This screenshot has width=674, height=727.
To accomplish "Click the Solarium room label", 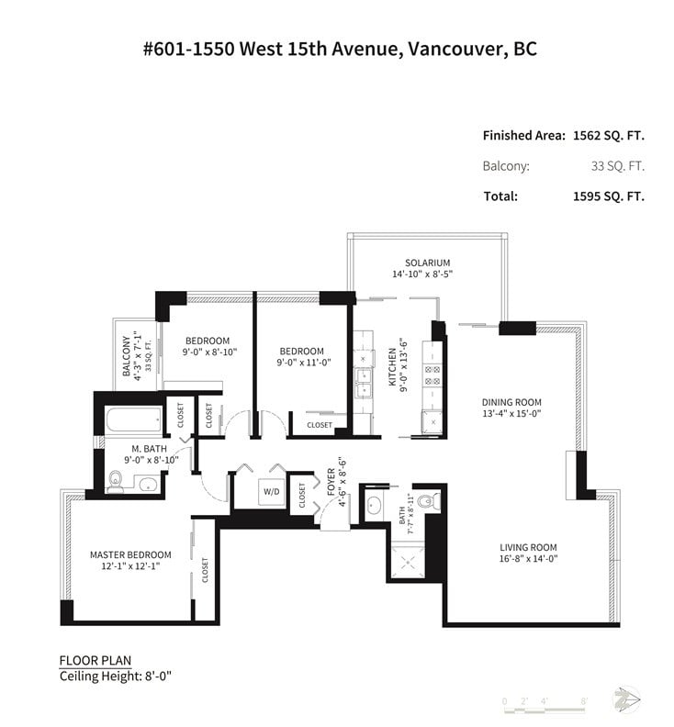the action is tap(427, 263).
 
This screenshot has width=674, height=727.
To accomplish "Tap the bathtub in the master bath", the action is tap(134, 420).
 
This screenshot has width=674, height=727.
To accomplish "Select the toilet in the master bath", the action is tap(115, 481).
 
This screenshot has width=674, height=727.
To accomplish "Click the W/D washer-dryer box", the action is tap(272, 491).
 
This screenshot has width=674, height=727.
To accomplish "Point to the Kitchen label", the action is tap(392, 367).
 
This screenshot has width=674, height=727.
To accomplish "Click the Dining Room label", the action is tap(511, 402).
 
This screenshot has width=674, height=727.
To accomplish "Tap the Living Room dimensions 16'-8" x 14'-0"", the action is tap(528, 559).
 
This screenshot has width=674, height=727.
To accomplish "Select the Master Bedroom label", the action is tap(130, 554).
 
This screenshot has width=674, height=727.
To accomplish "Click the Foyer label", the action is tap(331, 482).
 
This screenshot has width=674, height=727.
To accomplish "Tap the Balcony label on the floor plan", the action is tap(126, 355).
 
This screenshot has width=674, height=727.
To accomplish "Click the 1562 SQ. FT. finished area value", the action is tap(609, 135).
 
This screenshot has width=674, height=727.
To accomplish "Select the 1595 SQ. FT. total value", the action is tap(609, 196).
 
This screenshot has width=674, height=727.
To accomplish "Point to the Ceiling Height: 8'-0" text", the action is tap(116, 676).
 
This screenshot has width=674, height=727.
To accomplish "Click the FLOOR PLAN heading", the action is tap(95, 660).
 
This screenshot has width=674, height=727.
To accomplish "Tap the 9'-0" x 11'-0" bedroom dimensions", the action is tap(304, 362).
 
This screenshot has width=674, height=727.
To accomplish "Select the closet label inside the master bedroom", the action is tap(205, 570).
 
